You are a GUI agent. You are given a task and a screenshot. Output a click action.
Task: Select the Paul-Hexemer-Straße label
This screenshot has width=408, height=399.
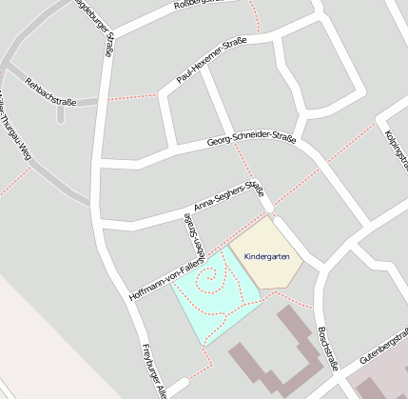[211, 60]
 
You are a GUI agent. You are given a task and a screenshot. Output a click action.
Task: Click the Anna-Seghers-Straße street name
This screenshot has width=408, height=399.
[227, 195]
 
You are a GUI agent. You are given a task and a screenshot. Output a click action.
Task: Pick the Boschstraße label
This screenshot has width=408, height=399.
[328, 347]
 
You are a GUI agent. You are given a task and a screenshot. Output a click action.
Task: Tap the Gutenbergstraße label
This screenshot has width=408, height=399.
[384, 349]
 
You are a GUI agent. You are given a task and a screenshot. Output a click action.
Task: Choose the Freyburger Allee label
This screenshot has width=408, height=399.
[152, 369]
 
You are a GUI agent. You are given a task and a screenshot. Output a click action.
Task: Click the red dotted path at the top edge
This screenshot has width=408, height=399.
[253, 15]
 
